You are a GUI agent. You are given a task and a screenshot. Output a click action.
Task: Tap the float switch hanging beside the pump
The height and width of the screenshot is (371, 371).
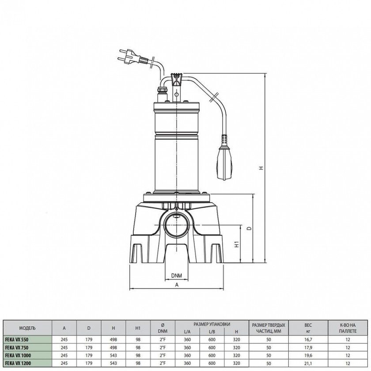click(224, 157)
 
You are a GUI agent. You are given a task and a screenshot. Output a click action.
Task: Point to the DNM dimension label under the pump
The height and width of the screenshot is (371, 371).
click(177, 276)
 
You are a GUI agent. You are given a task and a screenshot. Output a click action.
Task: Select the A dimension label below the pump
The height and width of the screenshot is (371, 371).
click(177, 285)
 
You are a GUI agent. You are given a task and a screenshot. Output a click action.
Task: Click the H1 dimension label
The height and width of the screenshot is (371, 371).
click(237, 244)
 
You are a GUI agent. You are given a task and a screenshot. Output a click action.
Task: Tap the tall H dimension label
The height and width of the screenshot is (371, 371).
click(261, 168)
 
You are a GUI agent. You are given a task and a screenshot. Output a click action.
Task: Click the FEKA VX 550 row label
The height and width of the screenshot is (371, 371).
click(17, 340)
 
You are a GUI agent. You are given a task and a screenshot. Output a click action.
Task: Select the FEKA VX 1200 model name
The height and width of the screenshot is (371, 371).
click(18, 363)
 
